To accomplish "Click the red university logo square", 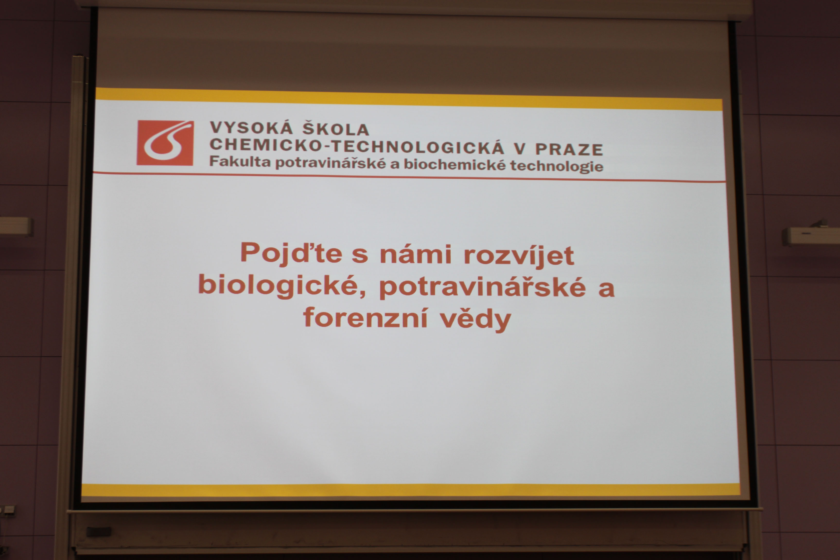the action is click(x=165, y=143).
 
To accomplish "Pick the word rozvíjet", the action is click(x=519, y=256).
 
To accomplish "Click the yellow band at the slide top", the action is click(x=409, y=99).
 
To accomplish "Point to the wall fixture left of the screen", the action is click(x=16, y=227).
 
